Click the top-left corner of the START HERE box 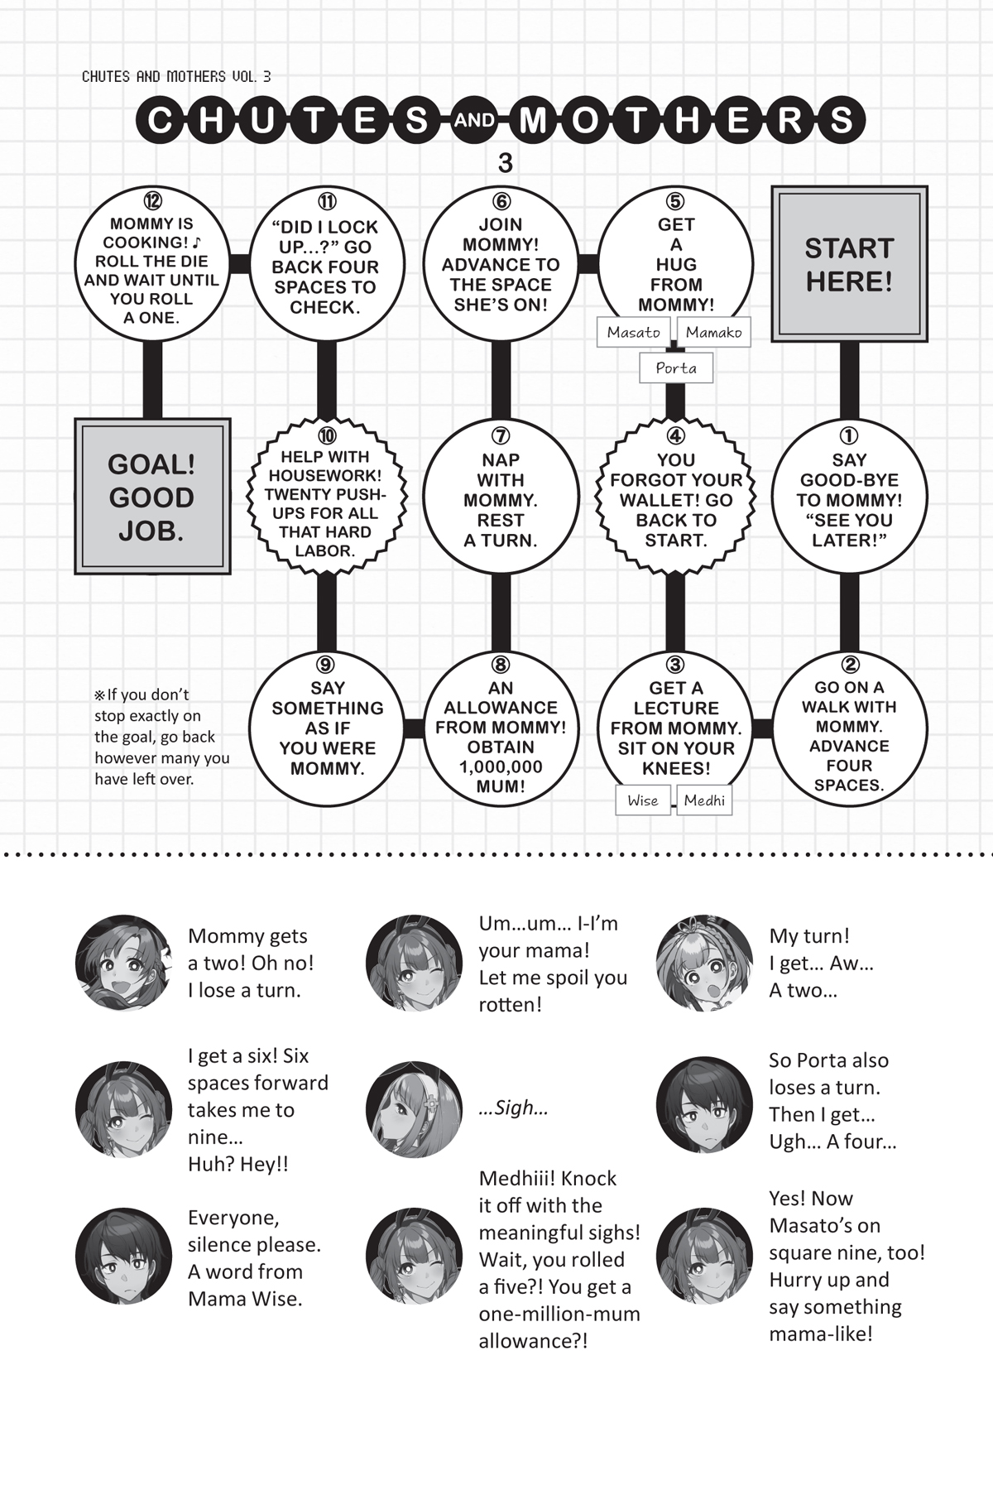pos(772,186)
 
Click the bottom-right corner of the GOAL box pos(230,574)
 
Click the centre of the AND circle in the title pos(474,121)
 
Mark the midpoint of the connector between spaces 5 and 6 pos(588,264)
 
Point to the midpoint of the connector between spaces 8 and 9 pos(414,728)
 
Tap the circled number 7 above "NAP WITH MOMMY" pos(501,435)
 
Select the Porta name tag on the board pos(676,368)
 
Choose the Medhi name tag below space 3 pos(704,800)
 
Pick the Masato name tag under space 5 pos(634,332)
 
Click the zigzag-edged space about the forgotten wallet pos(676,497)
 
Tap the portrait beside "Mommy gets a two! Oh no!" pos(124,963)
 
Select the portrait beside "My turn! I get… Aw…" pos(705,963)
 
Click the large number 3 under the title pos(505,163)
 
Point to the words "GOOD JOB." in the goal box pos(151,514)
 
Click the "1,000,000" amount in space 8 pos(501,767)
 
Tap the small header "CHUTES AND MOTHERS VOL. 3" pos(176,76)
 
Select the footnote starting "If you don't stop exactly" pos(162,737)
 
